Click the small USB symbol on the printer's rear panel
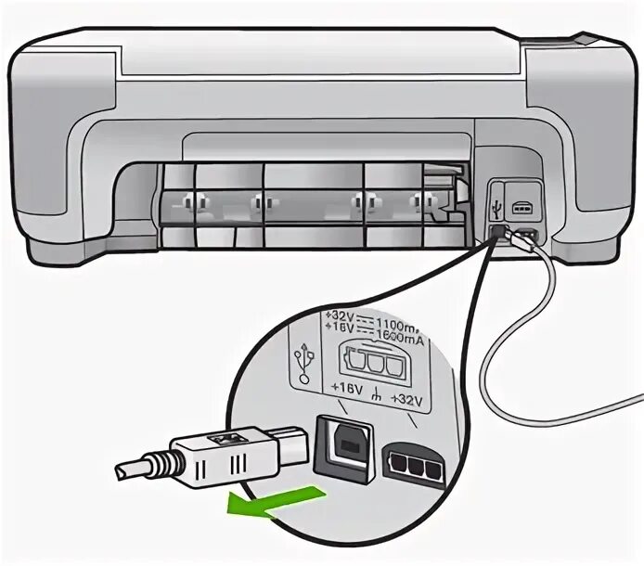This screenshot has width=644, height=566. click(x=497, y=197)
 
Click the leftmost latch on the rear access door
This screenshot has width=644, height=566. click(x=189, y=201)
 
